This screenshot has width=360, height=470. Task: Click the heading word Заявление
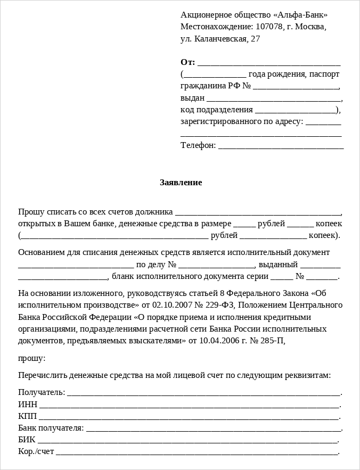click(181, 183)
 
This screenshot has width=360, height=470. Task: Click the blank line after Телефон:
click(281, 146)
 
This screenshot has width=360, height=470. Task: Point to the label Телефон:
click(198, 145)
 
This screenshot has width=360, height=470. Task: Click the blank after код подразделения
click(296, 111)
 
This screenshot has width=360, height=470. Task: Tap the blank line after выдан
click(273, 99)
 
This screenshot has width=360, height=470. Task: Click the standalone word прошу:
click(31, 358)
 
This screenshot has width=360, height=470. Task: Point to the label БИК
click(27, 440)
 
